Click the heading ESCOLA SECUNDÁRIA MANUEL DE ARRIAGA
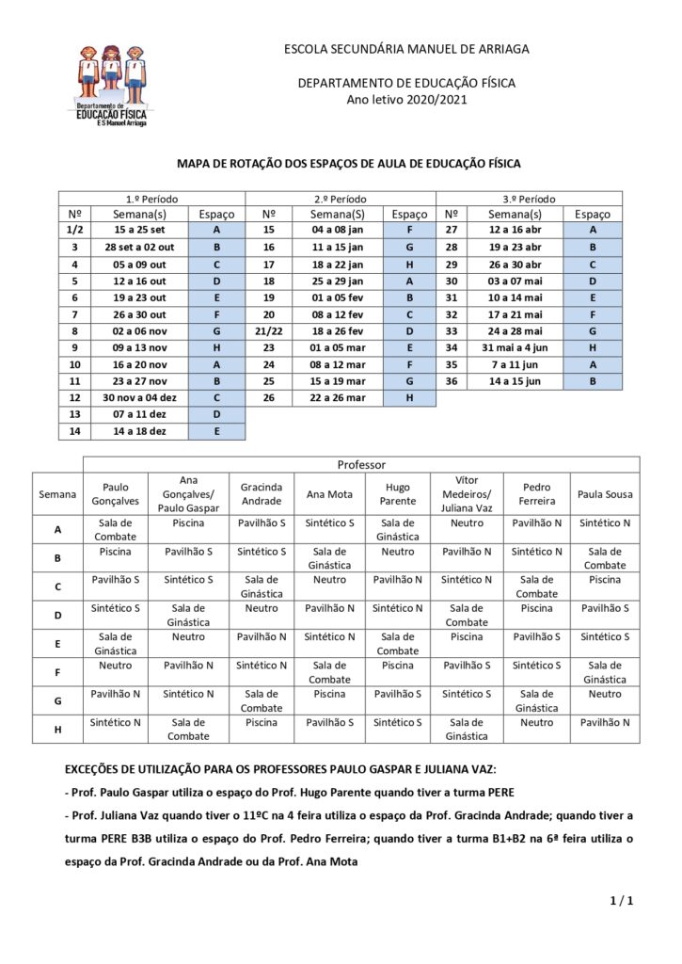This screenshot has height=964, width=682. pyautogui.click(x=406, y=48)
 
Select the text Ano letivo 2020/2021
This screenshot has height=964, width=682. pyautogui.click(x=406, y=99)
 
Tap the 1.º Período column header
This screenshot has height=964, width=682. pyautogui.click(x=151, y=199)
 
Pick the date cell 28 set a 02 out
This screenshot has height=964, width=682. pyautogui.click(x=139, y=247)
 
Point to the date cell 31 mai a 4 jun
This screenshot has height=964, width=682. pyautogui.click(x=515, y=348)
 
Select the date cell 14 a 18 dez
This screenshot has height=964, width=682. pyautogui.click(x=139, y=431)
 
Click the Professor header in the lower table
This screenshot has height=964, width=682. pyautogui.click(x=361, y=464)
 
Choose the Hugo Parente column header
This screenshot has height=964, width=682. pyautogui.click(x=398, y=493)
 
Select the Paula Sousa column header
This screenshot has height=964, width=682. pyautogui.click(x=605, y=493)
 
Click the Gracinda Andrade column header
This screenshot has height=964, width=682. pyautogui.click(x=262, y=493)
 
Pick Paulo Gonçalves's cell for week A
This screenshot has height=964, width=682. pyautogui.click(x=115, y=529)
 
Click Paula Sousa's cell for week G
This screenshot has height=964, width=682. pyautogui.click(x=605, y=694)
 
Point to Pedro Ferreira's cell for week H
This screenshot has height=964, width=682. pyautogui.click(x=537, y=722)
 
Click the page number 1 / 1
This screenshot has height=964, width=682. pyautogui.click(x=622, y=901)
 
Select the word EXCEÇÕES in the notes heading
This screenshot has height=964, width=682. pyautogui.click(x=109, y=769)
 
